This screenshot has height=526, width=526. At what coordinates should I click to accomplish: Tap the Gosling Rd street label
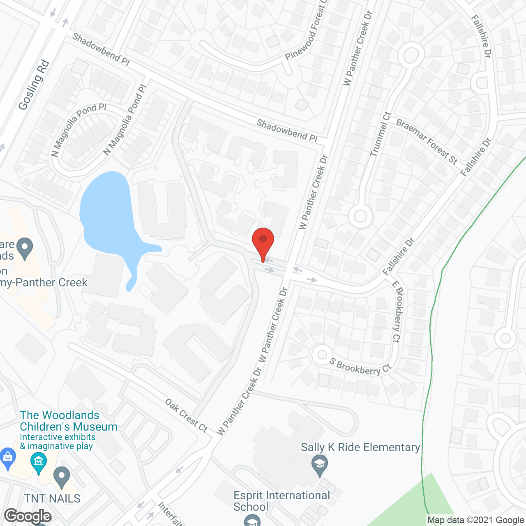click(x=34, y=85)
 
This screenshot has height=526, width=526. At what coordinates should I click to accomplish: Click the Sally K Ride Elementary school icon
click(x=319, y=466)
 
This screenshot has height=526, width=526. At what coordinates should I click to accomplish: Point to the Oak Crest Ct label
click(x=186, y=415)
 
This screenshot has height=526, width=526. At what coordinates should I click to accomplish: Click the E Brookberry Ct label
click(x=397, y=311)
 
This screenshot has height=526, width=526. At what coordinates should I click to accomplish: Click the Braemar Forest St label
click(x=427, y=141)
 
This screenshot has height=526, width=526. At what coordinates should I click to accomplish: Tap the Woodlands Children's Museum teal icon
click(x=39, y=463)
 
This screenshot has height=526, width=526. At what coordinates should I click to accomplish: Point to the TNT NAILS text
click(x=52, y=498)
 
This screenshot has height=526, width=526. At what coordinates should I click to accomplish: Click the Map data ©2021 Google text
click(x=476, y=520)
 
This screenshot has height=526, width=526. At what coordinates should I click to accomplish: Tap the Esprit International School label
click(x=281, y=501)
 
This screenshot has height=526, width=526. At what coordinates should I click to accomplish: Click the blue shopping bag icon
click(x=7, y=458)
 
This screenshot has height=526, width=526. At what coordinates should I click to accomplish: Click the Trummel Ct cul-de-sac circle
click(x=360, y=216)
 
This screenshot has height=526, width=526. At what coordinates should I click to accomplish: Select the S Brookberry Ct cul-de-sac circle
click(x=322, y=355)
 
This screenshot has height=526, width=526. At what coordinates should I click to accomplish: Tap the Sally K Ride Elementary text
click(x=360, y=447)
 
